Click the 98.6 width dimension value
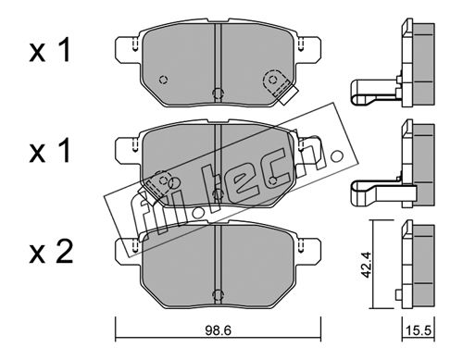[x=218, y=330]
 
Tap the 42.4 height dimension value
[x=367, y=265]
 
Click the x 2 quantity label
[x=51, y=253]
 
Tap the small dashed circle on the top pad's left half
[x=163, y=80]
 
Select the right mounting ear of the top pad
[x=308, y=50]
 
